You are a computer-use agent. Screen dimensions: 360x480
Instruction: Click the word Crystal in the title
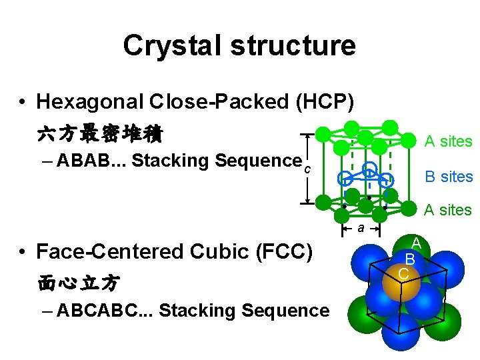[162, 46]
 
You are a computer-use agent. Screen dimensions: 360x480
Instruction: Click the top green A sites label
[448, 141]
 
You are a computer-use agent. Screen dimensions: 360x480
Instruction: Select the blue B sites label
[449, 177]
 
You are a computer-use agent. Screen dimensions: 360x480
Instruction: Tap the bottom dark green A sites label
[448, 211]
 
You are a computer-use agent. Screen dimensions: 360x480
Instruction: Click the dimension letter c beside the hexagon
[307, 169]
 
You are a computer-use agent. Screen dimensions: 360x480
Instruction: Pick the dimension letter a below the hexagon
[359, 229]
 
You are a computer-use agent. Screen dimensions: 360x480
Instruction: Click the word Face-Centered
[106, 251]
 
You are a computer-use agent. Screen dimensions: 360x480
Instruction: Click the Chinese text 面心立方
[79, 283]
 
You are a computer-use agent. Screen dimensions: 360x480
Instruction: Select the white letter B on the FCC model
[411, 258]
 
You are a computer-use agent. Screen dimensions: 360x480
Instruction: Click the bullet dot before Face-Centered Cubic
[23, 252]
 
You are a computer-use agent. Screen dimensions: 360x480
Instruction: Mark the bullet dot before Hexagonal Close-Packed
[23, 103]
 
